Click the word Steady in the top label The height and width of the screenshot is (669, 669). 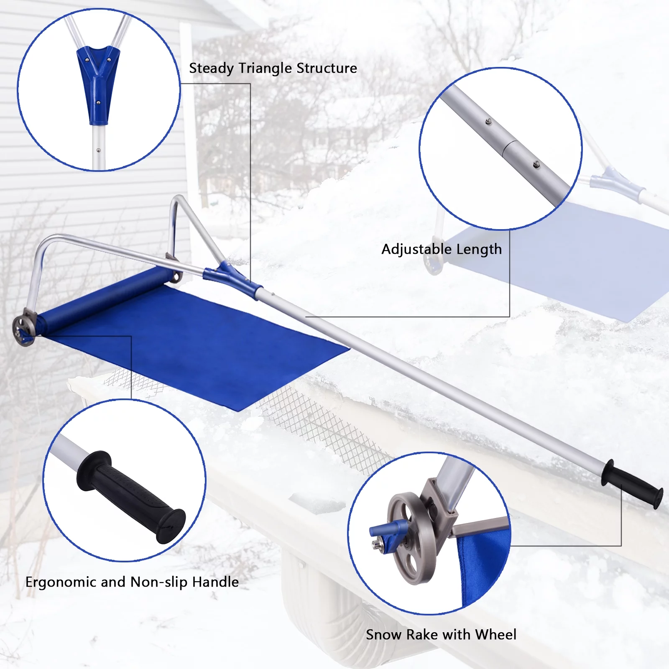click(x=212, y=69)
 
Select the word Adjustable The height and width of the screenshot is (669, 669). click(x=416, y=250)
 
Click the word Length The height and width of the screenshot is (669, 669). click(x=479, y=250)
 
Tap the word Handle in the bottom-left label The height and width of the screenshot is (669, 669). click(x=215, y=582)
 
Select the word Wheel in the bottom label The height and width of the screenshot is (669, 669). click(x=496, y=635)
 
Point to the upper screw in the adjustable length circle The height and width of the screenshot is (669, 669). click(x=488, y=122)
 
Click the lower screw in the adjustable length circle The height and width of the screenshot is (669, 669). click(x=536, y=165)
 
